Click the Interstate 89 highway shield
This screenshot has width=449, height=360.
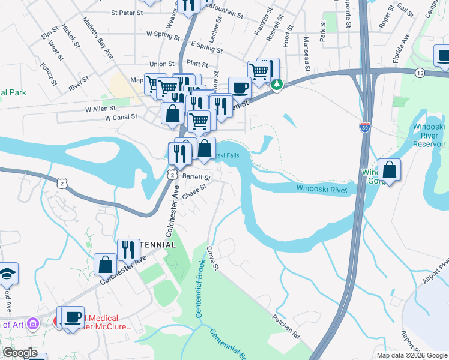(x=364, y=127)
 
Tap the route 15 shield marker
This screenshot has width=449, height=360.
(x=420, y=73)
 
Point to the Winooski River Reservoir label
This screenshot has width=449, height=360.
(x=429, y=135)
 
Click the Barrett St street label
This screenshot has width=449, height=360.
(x=197, y=178)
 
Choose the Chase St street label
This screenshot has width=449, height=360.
(x=194, y=191)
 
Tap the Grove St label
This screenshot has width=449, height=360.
(x=214, y=257)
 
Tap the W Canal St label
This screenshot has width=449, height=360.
(x=121, y=118)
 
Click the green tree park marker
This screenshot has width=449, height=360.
(x=277, y=85)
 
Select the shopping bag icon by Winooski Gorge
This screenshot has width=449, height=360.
(x=390, y=170)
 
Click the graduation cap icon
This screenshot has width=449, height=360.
(x=8, y=273)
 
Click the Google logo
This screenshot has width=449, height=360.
(x=20, y=353)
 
